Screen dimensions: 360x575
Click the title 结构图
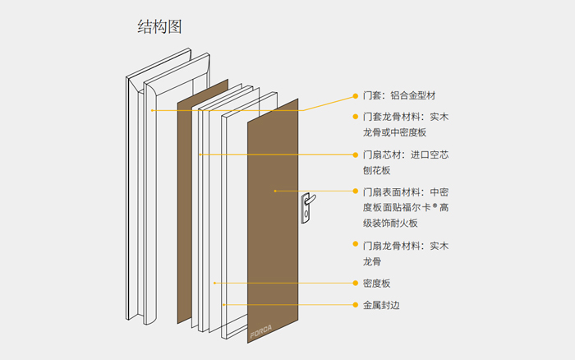159,26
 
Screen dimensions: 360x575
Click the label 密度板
376,283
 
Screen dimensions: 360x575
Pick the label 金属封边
381,305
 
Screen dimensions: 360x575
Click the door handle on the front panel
307,206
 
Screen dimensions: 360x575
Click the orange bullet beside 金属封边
356,305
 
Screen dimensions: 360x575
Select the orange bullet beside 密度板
356,283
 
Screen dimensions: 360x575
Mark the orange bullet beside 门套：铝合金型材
356,95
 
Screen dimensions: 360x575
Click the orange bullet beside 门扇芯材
356,155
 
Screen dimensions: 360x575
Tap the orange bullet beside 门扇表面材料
356,192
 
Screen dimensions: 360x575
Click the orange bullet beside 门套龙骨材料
356,117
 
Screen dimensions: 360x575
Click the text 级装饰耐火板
390,223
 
